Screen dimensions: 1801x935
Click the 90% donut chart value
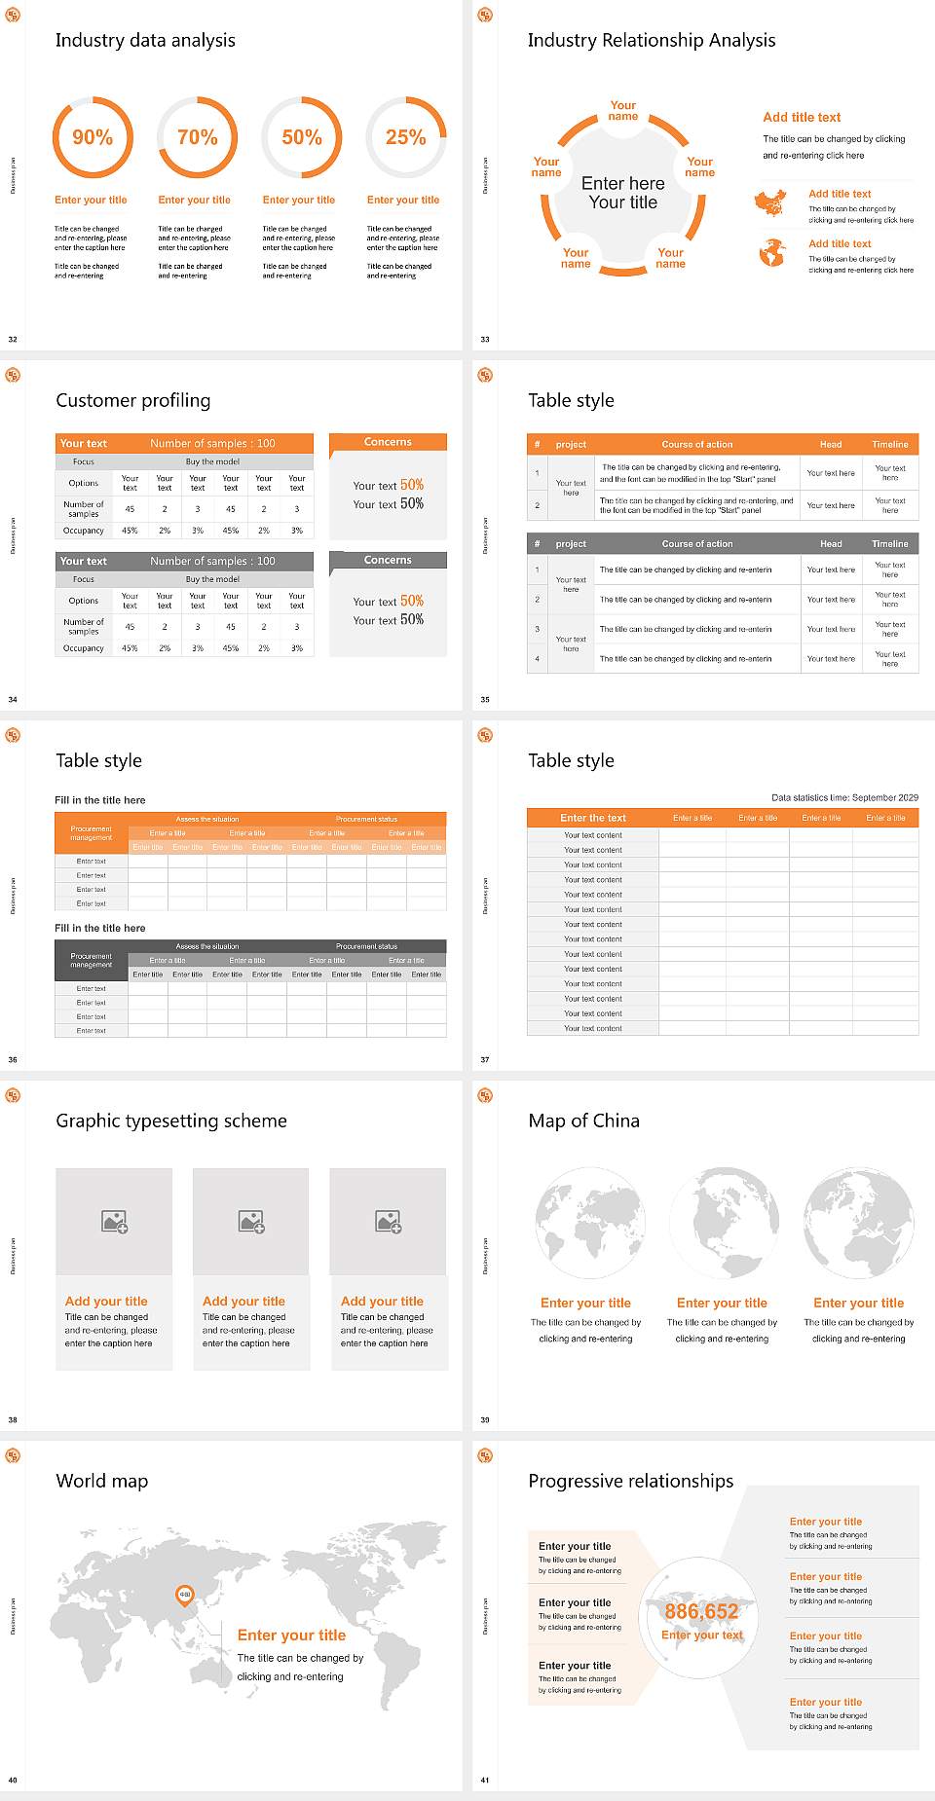coord(93,137)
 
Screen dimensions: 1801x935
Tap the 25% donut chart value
coord(405,137)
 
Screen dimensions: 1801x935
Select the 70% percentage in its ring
coord(197,137)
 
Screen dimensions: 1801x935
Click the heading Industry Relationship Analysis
coord(651,40)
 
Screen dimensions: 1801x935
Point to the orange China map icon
coord(770,203)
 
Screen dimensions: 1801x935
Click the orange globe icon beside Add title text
coord(772,253)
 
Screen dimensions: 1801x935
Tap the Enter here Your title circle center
coord(623,193)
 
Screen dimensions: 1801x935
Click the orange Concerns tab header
coord(388,442)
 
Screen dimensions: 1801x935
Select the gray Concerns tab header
coord(388,560)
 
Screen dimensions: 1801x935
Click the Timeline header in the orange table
coord(889,444)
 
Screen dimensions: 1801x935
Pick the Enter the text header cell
coord(592,818)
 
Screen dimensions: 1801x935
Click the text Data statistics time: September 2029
coord(843,797)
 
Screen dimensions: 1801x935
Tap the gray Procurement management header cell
coord(91,960)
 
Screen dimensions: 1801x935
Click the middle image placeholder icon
coord(251,1221)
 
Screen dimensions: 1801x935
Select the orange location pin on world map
coord(184,1594)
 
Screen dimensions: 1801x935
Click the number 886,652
coord(701,1611)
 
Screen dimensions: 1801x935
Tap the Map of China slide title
coord(583,1121)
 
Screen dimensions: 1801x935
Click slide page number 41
coord(485,1780)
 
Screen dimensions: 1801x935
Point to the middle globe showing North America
coord(722,1223)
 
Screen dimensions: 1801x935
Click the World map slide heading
coord(102,1481)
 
